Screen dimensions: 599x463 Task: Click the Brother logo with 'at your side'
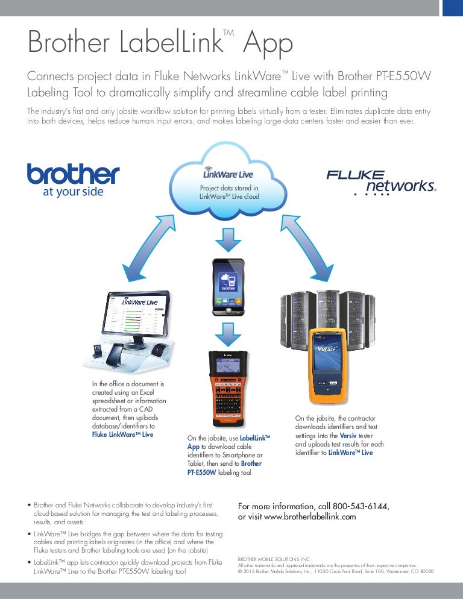pos(72,179)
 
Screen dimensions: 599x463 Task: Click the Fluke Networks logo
pos(380,182)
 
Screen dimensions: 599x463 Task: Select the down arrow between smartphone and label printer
pos(228,331)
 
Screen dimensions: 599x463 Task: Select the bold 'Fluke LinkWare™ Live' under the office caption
pos(122,434)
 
